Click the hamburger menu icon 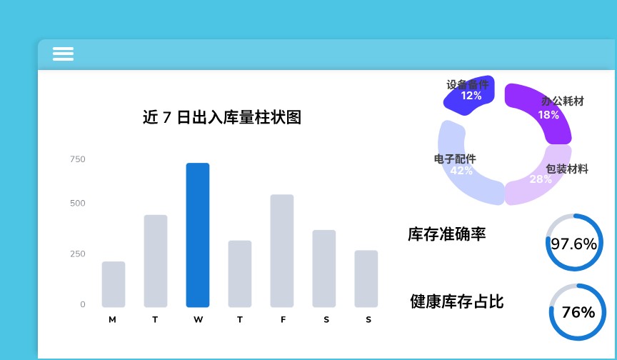tap(63, 54)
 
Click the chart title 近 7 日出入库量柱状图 tap(222, 118)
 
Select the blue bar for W tap(198, 235)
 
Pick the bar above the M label tap(114, 284)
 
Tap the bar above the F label tap(282, 251)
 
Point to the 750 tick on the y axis tap(78, 159)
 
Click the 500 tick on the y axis tap(78, 204)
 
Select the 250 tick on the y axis tap(78, 254)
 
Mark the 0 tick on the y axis tap(83, 304)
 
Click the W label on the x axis tap(198, 320)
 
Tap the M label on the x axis tap(113, 320)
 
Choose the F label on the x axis tap(283, 320)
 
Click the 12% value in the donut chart tap(471, 96)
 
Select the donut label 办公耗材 tap(563, 101)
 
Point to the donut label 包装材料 tap(567, 169)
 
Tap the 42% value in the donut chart tap(461, 171)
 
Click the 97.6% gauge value tap(573, 244)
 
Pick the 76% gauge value tap(578, 312)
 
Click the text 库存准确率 tap(446, 234)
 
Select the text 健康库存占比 tap(457, 302)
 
